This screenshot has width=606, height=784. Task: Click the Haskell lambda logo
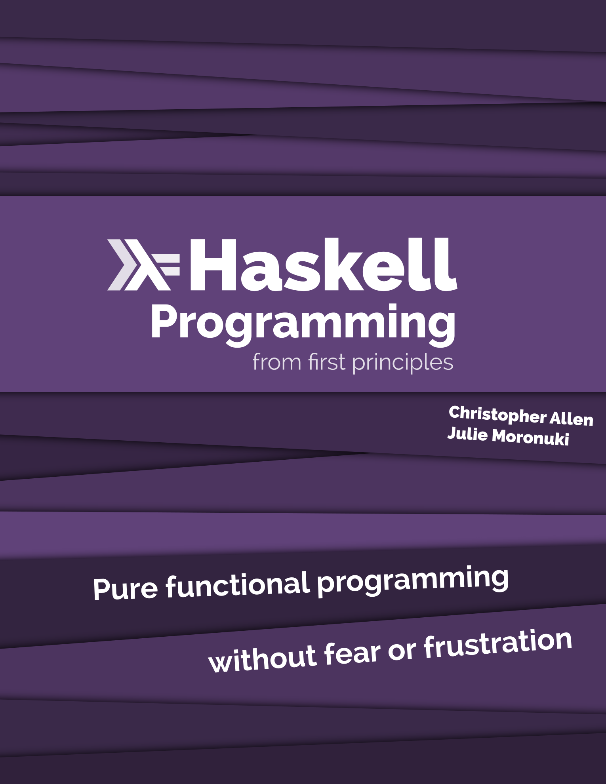(x=143, y=265)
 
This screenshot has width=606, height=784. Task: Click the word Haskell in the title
(x=323, y=265)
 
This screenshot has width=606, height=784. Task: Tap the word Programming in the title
(x=303, y=323)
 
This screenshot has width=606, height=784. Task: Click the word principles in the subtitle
(x=402, y=363)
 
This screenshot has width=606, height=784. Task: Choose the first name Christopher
(x=497, y=415)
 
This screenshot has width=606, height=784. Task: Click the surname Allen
(x=571, y=419)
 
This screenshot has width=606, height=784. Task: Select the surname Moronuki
(x=530, y=437)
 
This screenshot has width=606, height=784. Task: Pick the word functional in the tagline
(x=238, y=584)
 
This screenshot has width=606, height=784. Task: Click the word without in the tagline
(x=262, y=659)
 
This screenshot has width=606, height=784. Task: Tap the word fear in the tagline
(x=352, y=653)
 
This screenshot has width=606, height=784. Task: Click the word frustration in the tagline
(x=497, y=642)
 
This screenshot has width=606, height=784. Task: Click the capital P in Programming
(x=163, y=322)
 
